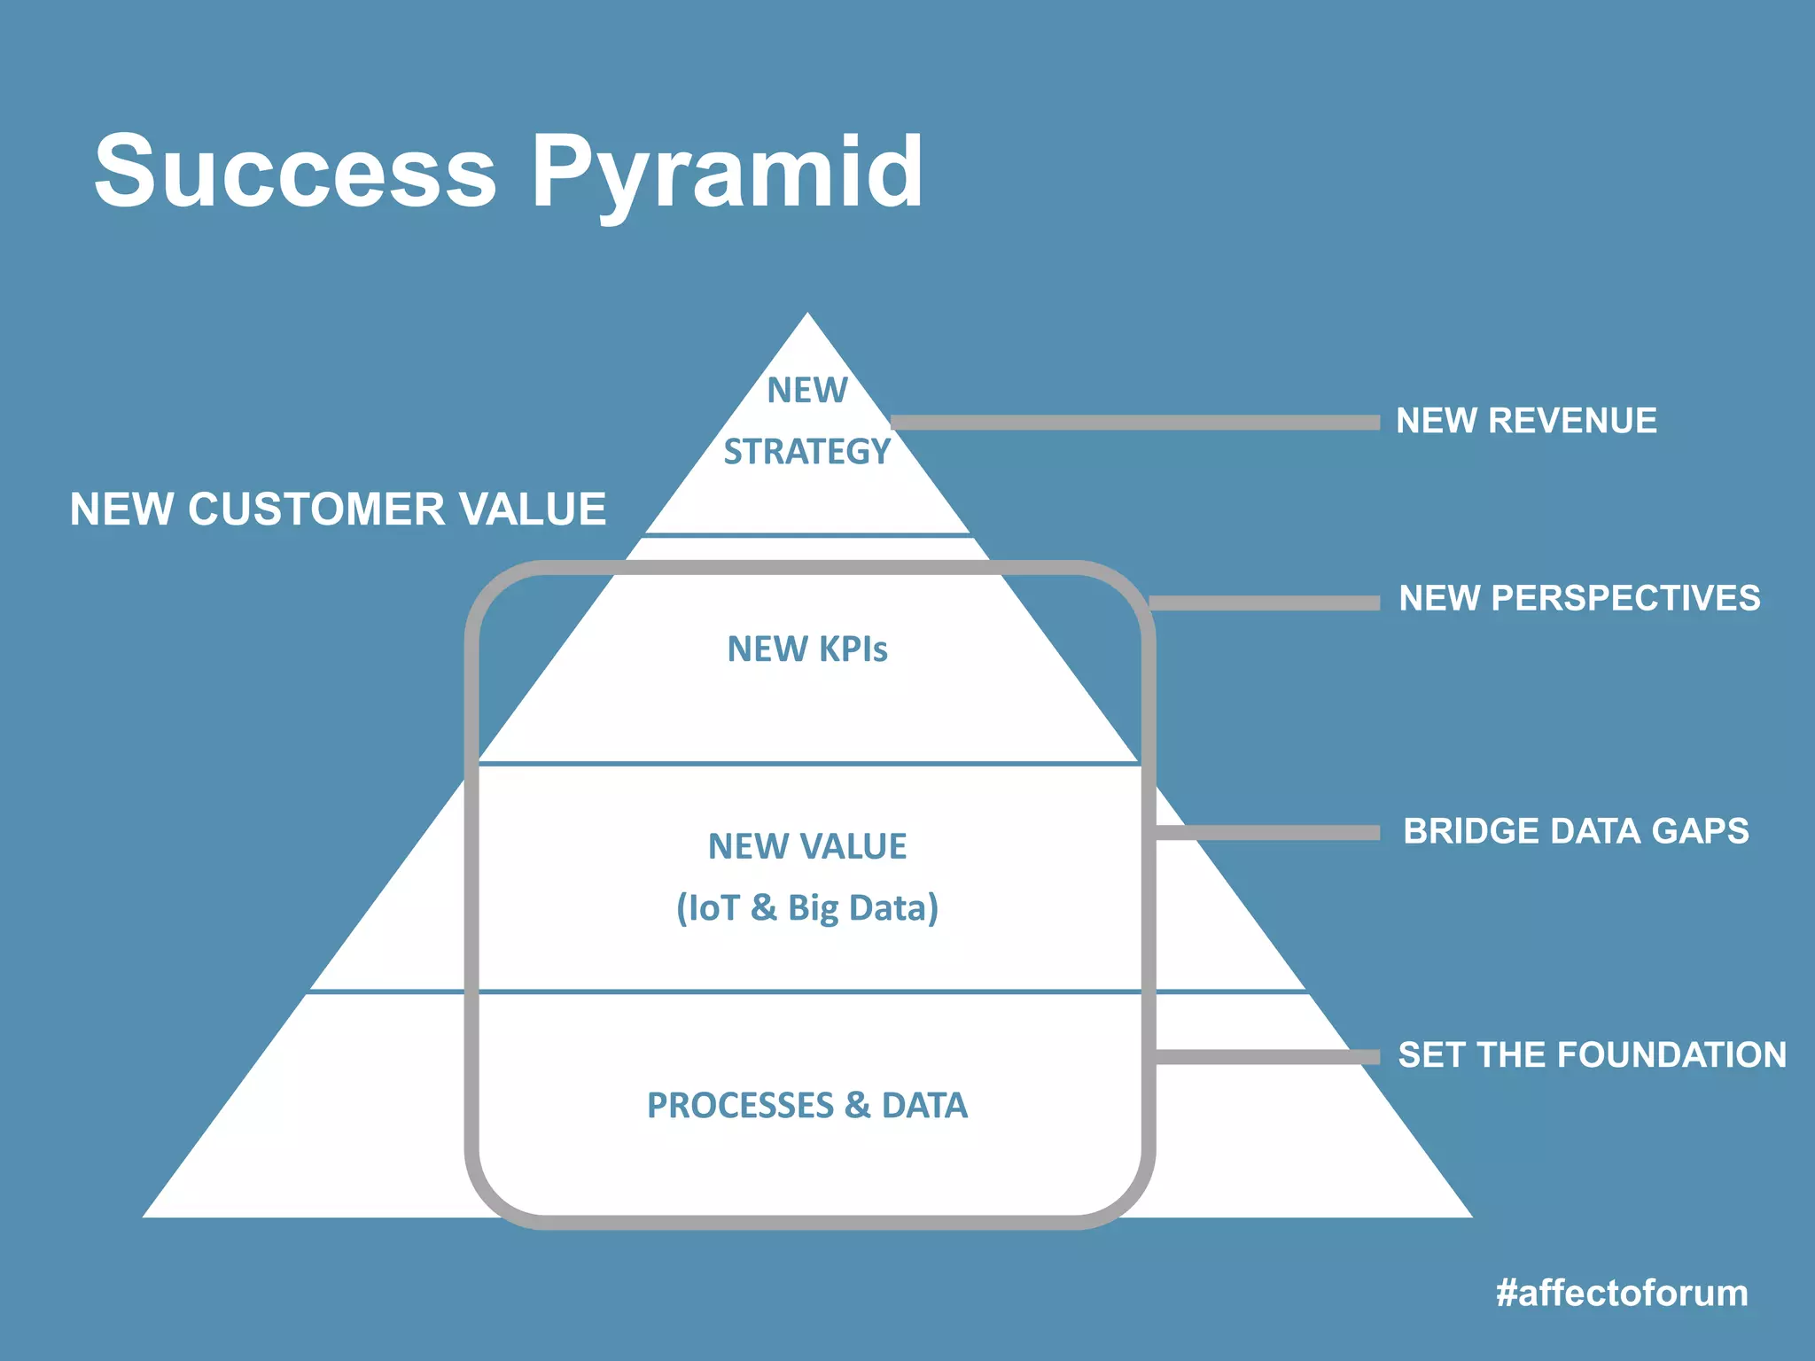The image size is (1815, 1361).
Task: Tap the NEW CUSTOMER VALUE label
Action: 338,509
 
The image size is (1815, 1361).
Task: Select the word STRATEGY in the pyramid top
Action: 806,452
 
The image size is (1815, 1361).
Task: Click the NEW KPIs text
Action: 806,649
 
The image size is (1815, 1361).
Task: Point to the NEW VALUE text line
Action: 806,846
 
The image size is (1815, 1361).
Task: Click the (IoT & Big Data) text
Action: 806,908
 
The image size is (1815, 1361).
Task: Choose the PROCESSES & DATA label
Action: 806,1105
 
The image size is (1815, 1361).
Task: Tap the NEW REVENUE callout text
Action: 1526,421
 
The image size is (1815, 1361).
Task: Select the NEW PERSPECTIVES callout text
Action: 1579,598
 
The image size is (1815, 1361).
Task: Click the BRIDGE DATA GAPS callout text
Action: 1576,831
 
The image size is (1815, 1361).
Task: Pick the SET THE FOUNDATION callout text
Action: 1592,1054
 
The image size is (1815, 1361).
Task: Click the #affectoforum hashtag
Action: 1622,1293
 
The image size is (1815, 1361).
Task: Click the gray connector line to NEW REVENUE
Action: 1134,423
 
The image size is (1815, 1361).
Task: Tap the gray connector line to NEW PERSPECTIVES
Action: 1267,603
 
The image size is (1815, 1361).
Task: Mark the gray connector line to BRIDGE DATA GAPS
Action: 1267,832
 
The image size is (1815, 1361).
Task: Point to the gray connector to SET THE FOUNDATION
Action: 1267,1056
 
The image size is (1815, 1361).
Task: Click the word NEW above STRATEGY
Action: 806,391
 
